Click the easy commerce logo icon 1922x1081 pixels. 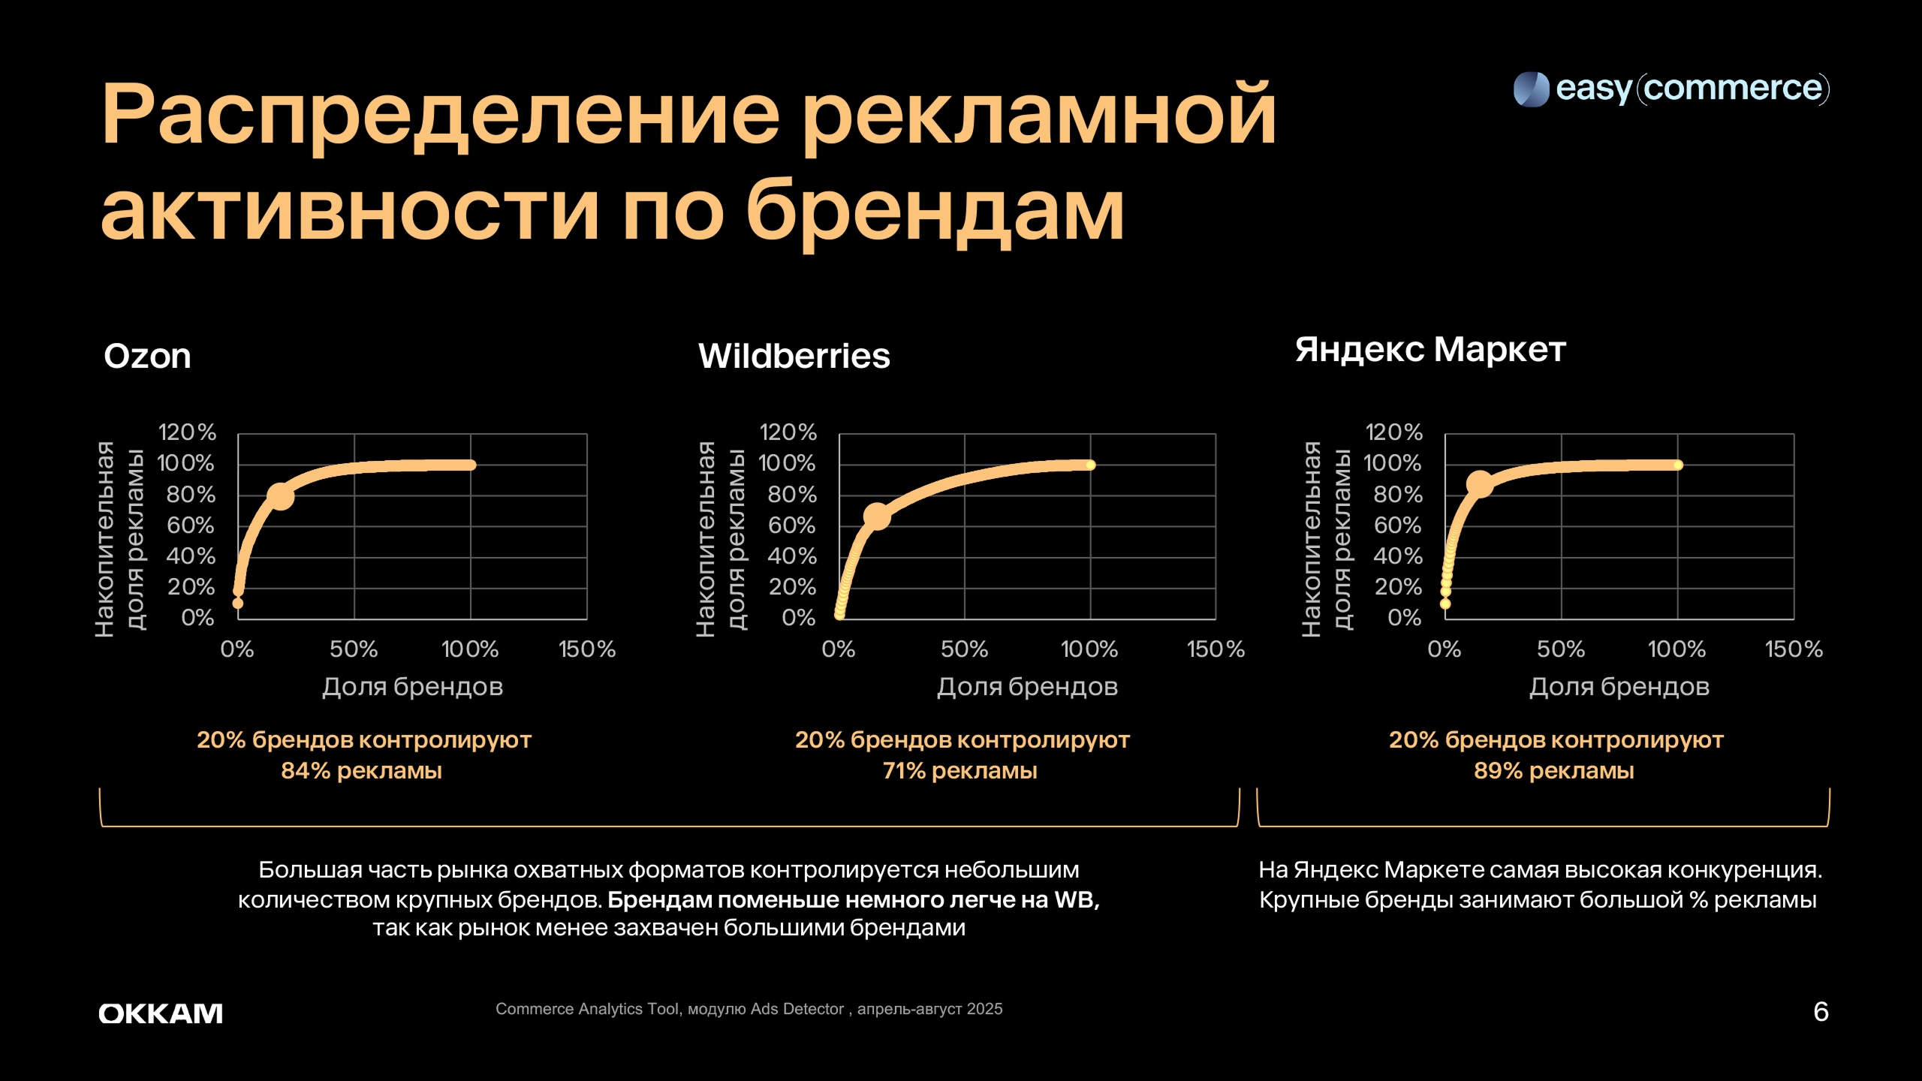coord(1531,89)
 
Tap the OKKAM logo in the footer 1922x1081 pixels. coord(161,1013)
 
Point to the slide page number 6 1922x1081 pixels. coord(1821,1012)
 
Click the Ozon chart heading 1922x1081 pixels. coord(147,356)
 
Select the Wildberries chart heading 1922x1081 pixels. coord(794,356)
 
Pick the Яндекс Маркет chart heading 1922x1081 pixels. coord(1430,350)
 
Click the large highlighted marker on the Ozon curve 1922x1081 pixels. coord(281,496)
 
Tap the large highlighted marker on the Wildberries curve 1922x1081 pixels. coord(876,516)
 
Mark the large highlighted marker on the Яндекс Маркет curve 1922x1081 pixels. coord(1480,483)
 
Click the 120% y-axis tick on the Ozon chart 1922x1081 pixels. coord(187,432)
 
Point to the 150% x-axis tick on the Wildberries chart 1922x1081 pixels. coord(1216,649)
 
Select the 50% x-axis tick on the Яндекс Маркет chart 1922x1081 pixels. coord(1561,649)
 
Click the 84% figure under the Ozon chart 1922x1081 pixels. coord(306,771)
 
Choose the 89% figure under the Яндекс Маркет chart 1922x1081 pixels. coord(1498,771)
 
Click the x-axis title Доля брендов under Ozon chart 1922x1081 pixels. coord(412,687)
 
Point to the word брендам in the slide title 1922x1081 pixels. coord(934,212)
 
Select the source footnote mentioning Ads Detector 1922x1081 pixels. coord(749,1009)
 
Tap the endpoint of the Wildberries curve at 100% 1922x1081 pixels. coord(1090,465)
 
